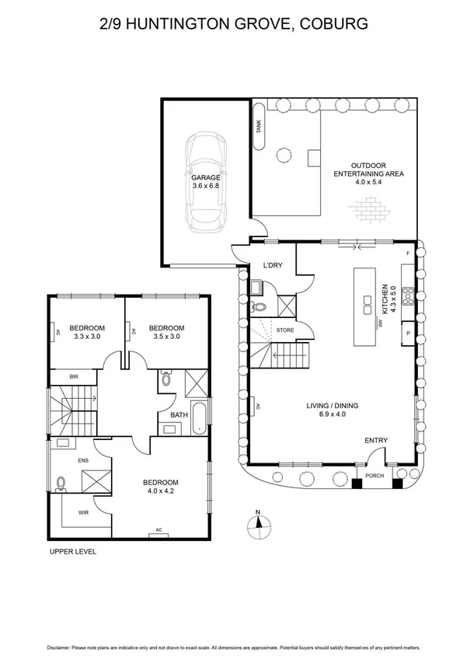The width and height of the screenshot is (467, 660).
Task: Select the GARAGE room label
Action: click(x=206, y=177)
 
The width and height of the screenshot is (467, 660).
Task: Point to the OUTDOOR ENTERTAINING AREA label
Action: click(x=369, y=169)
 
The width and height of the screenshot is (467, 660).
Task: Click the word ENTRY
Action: click(x=375, y=441)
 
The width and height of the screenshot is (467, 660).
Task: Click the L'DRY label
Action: click(x=273, y=266)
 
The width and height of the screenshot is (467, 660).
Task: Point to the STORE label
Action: click(x=285, y=330)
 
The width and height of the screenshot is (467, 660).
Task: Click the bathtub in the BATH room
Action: click(x=199, y=417)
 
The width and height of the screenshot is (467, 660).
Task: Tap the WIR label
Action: click(x=83, y=512)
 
